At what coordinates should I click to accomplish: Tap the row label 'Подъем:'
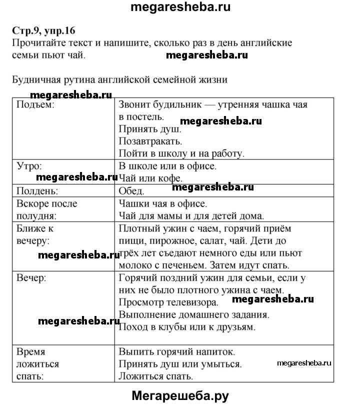(x=35, y=105)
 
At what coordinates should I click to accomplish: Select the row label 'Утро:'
(x=29, y=165)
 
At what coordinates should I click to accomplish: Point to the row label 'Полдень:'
(x=37, y=190)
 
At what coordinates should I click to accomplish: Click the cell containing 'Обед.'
(x=131, y=190)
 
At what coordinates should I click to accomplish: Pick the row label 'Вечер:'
(x=31, y=277)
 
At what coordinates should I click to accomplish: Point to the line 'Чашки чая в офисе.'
(x=162, y=203)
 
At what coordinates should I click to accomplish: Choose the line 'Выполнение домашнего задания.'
(x=194, y=315)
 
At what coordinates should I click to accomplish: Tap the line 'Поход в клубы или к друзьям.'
(x=187, y=327)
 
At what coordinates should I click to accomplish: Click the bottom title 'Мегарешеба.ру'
(x=180, y=396)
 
